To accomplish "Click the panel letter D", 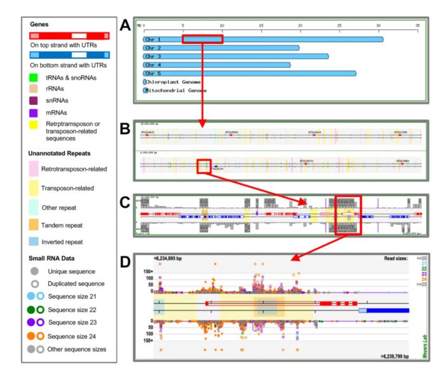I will pos(126,260).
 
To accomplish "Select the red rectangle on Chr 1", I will pos(202,39).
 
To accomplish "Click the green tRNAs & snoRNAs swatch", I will pos(36,78).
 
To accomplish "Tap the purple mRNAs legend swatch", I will pos(36,113).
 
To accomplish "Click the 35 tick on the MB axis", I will pos(417,25).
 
